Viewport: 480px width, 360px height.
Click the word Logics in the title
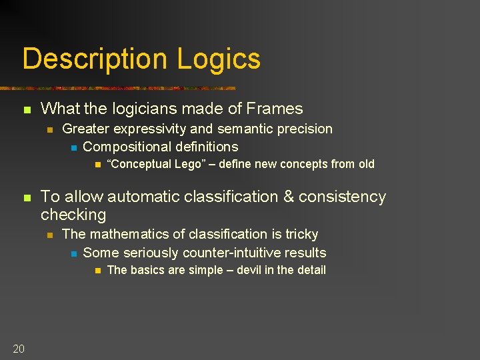click(x=219, y=59)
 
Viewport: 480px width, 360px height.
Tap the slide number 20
click(x=19, y=348)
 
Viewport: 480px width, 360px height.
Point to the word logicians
click(x=133, y=109)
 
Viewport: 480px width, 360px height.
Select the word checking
click(x=73, y=215)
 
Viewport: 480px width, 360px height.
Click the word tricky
click(x=301, y=234)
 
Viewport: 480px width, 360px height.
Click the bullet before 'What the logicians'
click(x=27, y=109)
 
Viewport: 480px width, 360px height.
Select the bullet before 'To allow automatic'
click(x=27, y=197)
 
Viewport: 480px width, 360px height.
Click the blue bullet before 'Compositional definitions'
click(x=73, y=147)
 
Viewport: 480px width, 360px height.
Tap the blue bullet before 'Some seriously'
click(x=73, y=253)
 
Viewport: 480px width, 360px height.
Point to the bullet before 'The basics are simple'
click(x=96, y=271)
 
